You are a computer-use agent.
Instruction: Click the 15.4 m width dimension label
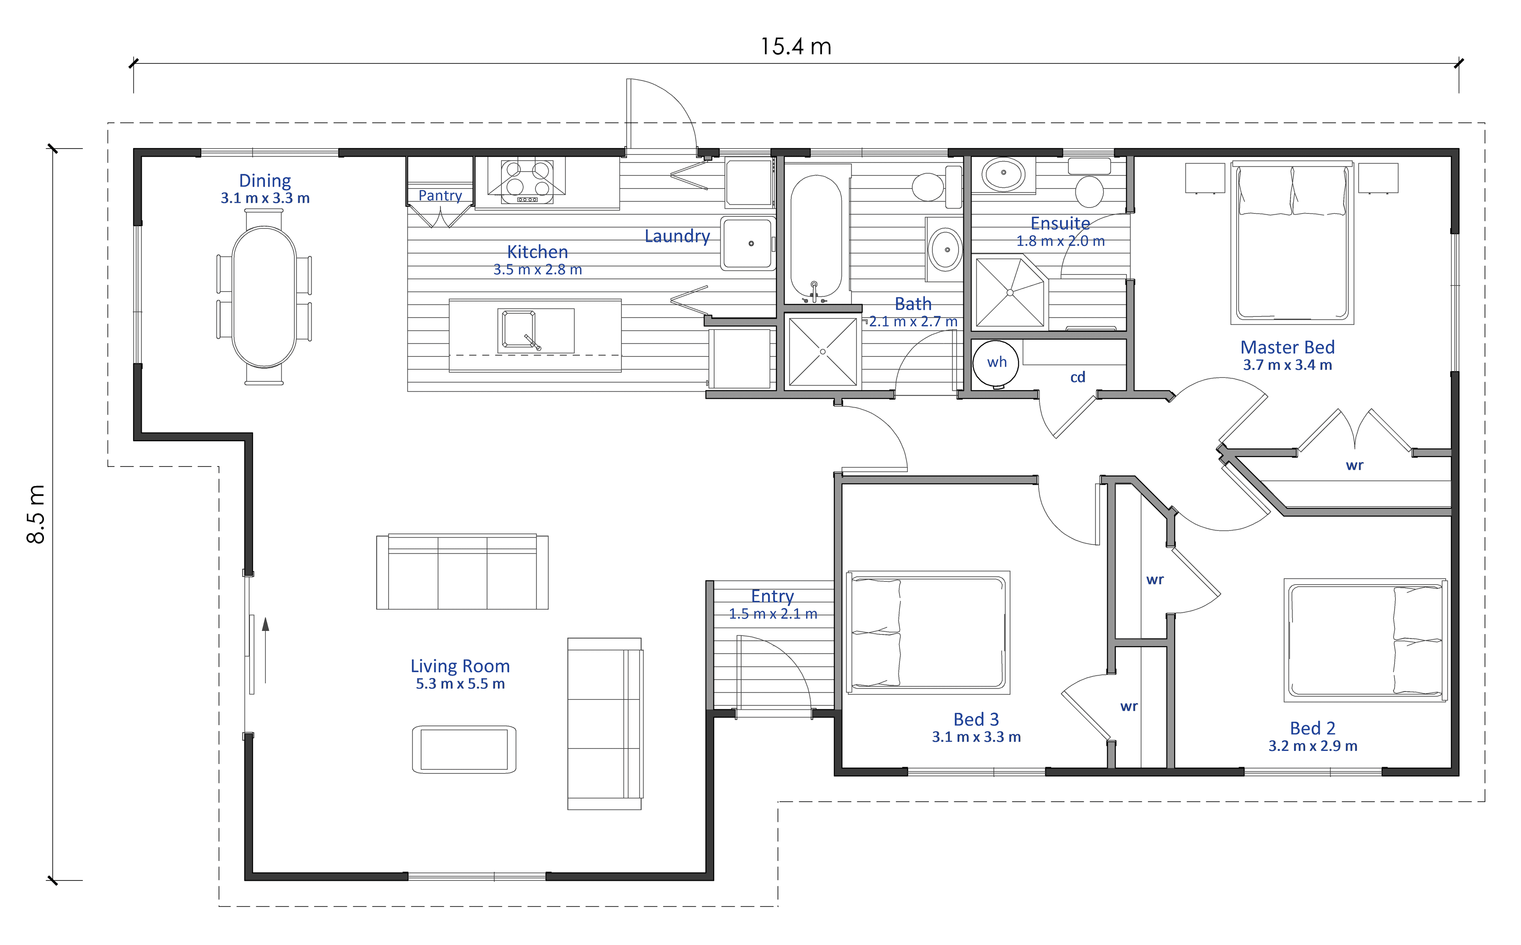click(795, 46)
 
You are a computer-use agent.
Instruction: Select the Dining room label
click(265, 181)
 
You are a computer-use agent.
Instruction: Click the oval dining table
click(264, 297)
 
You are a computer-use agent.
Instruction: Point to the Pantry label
click(440, 196)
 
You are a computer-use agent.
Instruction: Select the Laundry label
click(677, 236)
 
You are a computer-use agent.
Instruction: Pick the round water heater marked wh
click(996, 364)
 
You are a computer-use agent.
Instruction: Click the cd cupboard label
click(1077, 377)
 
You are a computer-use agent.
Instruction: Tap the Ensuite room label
click(1060, 223)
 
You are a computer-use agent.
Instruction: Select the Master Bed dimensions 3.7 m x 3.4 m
click(1287, 365)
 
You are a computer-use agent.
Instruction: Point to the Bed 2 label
click(1312, 728)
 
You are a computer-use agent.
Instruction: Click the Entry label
click(772, 596)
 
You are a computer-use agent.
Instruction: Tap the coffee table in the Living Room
click(464, 749)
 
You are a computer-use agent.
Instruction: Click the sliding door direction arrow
click(266, 650)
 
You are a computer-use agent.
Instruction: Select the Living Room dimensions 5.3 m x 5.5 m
click(460, 684)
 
